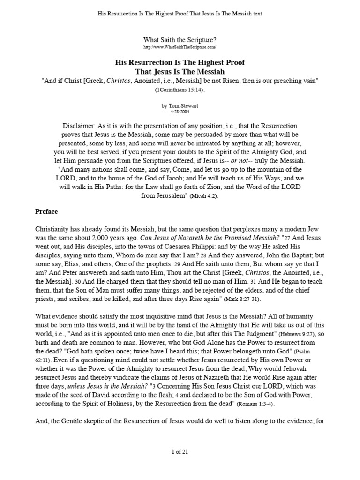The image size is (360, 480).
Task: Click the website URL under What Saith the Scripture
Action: [x=180, y=48]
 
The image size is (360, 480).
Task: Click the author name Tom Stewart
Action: [x=180, y=106]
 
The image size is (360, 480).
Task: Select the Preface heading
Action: [x=46, y=211]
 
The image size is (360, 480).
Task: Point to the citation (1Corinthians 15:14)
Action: [x=180, y=90]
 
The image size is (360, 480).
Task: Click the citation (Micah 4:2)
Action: [x=204, y=196]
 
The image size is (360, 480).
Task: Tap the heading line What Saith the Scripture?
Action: [x=180, y=41]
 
